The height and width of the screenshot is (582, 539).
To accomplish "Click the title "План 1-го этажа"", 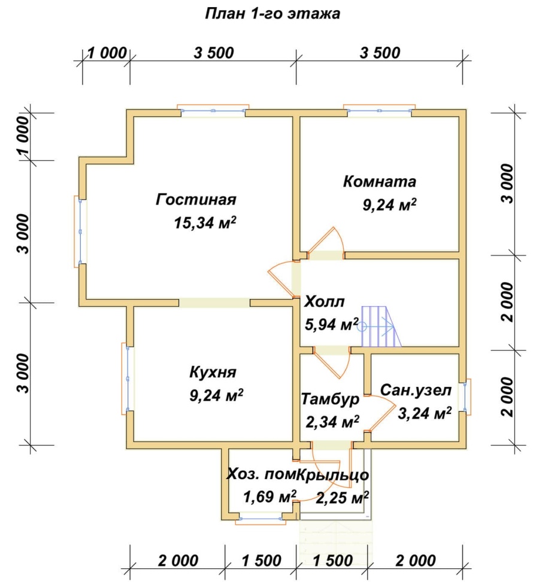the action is [272, 14].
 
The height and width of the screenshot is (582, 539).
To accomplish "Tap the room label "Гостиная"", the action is [196, 199].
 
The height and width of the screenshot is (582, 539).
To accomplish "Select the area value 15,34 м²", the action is [205, 223].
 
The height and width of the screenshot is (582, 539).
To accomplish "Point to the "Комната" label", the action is [379, 181].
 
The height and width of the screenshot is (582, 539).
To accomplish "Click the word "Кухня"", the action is [213, 372].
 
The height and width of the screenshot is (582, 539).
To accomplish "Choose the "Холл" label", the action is [325, 301].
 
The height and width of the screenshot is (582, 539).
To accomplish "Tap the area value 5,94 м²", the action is [332, 324].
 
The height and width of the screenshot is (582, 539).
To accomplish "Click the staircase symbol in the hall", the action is [380, 327].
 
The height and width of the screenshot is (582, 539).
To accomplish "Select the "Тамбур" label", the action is [330, 399].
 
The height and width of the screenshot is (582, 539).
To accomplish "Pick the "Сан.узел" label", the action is [416, 390].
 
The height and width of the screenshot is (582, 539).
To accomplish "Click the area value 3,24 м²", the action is [425, 413].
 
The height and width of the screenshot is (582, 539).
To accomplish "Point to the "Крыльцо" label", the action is [333, 475].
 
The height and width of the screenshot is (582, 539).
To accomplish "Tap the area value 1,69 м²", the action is [269, 496].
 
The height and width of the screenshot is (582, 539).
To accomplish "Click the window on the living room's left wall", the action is [80, 231].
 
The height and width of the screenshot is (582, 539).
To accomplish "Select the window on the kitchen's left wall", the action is [128, 379].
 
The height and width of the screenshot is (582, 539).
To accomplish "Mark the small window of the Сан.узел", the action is [465, 397].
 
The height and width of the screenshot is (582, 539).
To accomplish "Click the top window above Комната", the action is [379, 110].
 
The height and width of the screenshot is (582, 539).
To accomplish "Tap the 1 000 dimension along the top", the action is [107, 53].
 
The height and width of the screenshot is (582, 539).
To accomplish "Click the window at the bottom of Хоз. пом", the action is [261, 519].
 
